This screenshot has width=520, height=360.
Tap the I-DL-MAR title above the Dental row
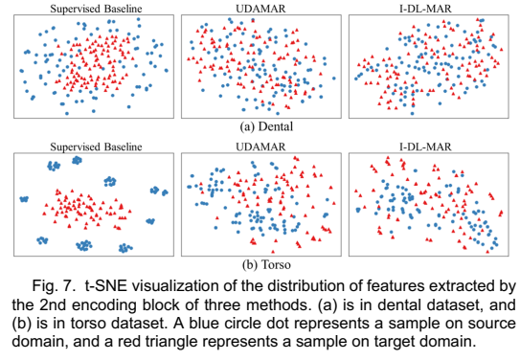(421, 8)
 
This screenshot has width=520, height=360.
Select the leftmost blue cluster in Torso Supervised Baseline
(24, 199)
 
